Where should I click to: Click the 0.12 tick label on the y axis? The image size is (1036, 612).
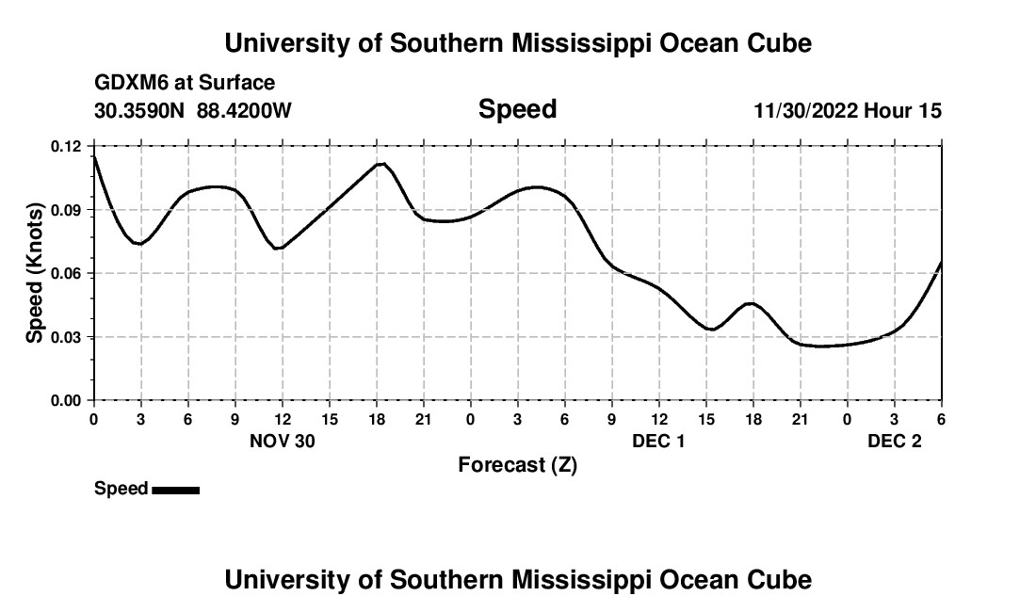point(67,146)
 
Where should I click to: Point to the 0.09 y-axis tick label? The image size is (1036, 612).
point(67,210)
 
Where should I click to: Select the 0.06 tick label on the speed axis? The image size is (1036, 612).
point(67,273)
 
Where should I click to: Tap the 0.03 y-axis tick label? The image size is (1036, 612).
point(67,337)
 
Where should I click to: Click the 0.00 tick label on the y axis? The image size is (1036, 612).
point(67,400)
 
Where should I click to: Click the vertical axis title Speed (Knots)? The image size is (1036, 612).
point(34,273)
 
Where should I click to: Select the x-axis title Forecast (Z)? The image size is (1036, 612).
point(517,464)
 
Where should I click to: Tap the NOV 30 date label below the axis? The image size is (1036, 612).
point(282,441)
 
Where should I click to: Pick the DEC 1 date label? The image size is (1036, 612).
point(658,441)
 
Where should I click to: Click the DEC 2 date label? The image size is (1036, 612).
point(894,441)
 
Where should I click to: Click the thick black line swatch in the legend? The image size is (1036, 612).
point(175,490)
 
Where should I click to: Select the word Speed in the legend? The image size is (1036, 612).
point(121,489)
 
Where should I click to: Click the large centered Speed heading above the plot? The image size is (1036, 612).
point(517,109)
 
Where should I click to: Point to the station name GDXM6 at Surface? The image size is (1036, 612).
point(185,83)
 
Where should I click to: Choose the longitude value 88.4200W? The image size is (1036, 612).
point(244,110)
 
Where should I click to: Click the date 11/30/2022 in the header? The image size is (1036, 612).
point(805,110)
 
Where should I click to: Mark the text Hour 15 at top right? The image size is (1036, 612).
point(903,110)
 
